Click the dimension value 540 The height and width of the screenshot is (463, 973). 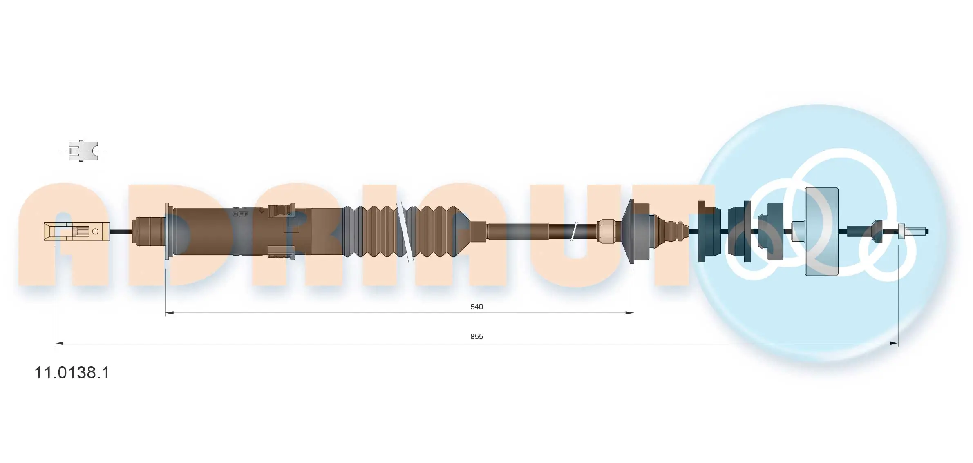(476, 307)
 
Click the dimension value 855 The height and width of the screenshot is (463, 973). (476, 336)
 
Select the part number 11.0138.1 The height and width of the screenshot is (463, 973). (72, 373)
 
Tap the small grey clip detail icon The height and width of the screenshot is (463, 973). (83, 151)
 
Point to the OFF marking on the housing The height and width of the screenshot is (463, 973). (240, 214)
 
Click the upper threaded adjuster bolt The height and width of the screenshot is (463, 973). (282, 210)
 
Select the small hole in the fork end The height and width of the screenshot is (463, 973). (95, 231)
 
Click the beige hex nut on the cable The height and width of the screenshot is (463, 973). (606, 231)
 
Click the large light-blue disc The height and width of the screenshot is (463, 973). (821, 231)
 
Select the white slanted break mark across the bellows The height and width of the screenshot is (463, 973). (405, 231)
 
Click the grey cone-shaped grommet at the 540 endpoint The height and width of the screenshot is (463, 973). (635, 231)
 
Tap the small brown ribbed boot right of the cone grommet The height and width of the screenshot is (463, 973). (674, 231)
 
